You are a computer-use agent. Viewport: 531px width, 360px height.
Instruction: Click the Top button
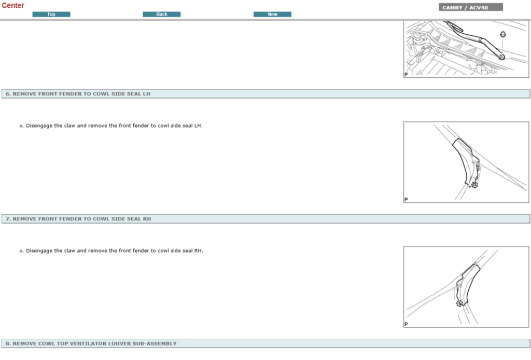(51, 14)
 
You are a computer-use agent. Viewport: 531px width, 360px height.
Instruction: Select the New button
(272, 14)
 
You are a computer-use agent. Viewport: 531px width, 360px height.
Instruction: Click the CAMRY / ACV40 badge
(470, 7)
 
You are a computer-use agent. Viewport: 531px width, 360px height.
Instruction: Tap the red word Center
(13, 5)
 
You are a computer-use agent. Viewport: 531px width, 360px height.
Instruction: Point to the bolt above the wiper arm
(503, 34)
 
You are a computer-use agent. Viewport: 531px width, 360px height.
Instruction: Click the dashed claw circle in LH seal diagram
(474, 185)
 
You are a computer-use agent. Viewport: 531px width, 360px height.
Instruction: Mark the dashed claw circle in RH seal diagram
(459, 303)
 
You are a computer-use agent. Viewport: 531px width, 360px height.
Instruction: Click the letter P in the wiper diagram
(406, 75)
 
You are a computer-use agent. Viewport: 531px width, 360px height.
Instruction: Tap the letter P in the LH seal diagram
(406, 200)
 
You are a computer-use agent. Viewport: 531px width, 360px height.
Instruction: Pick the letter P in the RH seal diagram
(406, 324)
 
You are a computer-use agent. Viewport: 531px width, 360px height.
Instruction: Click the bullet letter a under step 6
(21, 126)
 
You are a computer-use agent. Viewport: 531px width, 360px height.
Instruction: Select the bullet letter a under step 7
(21, 251)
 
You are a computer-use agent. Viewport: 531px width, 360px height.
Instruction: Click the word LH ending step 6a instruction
(198, 126)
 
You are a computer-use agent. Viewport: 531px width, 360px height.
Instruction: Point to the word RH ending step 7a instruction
(199, 251)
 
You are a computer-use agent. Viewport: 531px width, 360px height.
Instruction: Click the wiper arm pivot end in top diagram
(501, 57)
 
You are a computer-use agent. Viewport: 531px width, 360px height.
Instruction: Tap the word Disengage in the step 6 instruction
(39, 126)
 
